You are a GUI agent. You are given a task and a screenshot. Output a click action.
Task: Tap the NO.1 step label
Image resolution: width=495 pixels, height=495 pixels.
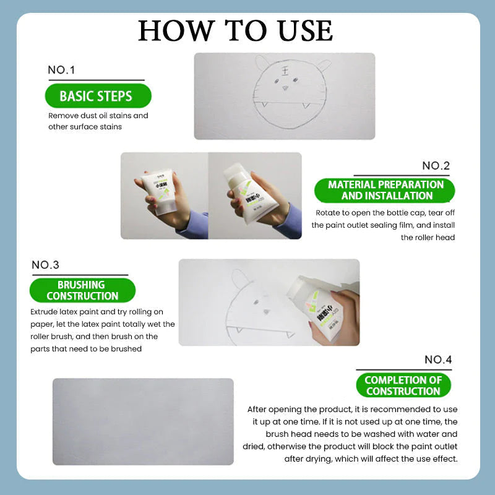click(x=61, y=71)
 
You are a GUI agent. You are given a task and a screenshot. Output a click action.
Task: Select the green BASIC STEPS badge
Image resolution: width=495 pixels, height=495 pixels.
click(x=96, y=96)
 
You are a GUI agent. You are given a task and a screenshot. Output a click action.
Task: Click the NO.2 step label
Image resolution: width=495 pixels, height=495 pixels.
click(x=436, y=166)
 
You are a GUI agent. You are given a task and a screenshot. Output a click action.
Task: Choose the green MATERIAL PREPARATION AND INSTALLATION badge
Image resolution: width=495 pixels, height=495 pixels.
click(x=386, y=190)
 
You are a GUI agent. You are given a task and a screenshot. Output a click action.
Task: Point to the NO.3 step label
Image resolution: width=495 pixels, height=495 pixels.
click(x=45, y=265)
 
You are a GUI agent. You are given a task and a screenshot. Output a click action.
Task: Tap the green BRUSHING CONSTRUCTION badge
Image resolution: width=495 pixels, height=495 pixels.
click(x=82, y=290)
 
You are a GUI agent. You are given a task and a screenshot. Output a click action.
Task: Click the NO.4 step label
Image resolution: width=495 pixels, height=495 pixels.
click(x=438, y=359)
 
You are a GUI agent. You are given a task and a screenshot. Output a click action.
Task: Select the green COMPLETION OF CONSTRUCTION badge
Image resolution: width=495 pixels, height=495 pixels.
click(x=403, y=385)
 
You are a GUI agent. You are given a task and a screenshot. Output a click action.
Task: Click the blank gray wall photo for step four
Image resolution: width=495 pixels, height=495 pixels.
click(x=143, y=421)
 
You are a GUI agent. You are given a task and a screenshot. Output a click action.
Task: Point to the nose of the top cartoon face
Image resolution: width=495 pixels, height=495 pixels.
click(x=285, y=88)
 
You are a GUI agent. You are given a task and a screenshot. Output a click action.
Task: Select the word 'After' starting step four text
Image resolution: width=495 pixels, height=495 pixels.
click(x=258, y=410)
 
